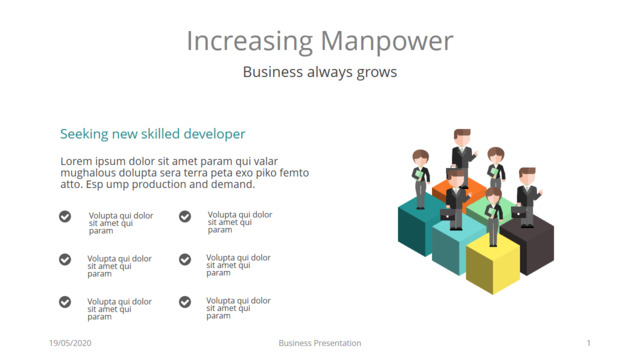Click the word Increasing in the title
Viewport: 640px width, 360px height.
coord(249,42)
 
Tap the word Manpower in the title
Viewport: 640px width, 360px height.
coord(387,42)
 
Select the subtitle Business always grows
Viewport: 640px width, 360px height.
coord(320,72)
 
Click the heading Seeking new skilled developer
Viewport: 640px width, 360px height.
coord(153,134)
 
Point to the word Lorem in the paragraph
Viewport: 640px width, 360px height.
coord(76,161)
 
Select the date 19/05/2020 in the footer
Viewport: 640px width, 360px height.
coord(70,343)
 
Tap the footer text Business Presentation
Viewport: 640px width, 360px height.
coord(320,343)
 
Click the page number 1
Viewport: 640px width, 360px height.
coord(589,343)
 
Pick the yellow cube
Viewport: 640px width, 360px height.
coord(493,264)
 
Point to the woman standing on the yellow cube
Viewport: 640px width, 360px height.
coord(493,216)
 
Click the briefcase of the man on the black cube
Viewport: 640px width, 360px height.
coord(518,212)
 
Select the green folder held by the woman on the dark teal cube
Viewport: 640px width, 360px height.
coord(418,175)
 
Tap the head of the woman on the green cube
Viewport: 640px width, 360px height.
coord(496,155)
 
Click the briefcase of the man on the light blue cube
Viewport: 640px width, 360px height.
coord(447,214)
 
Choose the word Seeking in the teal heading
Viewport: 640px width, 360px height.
coord(84,134)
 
